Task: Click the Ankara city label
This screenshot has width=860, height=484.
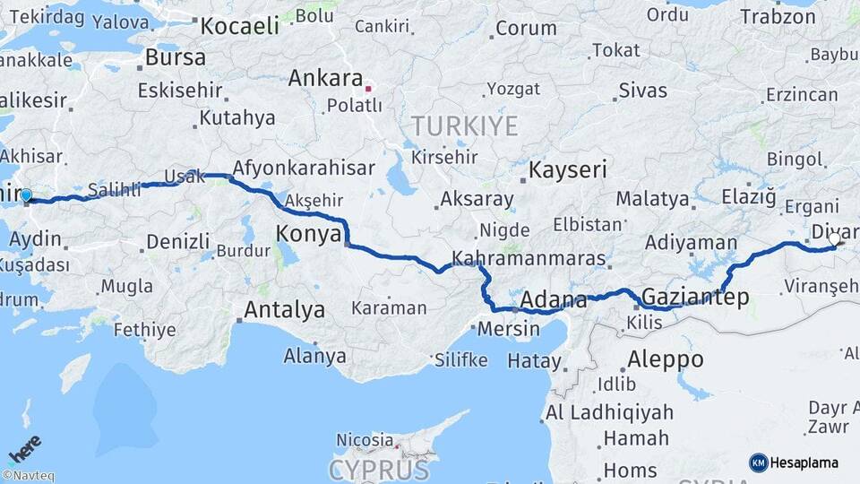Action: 325,78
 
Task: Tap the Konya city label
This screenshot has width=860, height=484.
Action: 308,234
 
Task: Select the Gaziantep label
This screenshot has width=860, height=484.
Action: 694,298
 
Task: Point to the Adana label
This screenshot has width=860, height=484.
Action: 553,298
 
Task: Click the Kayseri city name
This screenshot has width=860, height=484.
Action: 568,169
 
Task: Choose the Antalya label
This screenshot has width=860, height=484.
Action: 284,311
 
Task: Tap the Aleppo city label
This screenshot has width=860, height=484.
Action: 665,359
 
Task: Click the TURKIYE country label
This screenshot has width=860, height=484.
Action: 464,126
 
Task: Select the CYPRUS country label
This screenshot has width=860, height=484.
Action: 378,470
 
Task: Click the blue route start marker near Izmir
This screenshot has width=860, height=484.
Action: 26,195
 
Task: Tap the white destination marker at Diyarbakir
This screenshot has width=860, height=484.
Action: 835,239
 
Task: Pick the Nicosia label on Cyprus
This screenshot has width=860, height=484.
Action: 364,439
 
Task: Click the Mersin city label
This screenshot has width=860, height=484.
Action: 509,328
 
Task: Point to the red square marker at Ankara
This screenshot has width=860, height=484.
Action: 367,88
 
